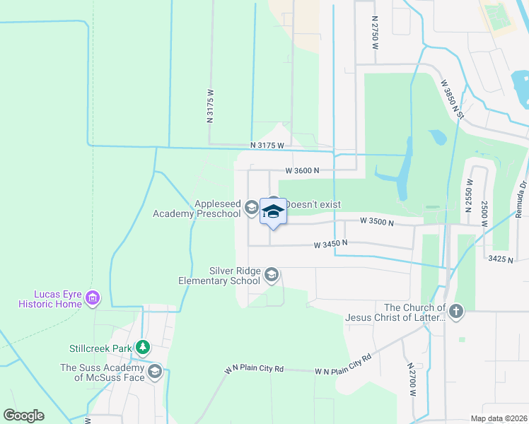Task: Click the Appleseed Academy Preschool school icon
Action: point(251,208)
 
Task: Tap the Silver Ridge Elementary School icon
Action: point(271,275)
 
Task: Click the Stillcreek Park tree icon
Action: point(144,347)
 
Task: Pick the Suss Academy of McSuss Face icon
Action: point(154,372)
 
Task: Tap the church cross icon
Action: point(457,311)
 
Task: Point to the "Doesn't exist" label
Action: point(313,204)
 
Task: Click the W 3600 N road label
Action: point(303,170)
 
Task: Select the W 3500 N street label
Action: point(376,221)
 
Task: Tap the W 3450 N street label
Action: point(331,245)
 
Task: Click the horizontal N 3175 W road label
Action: point(267,145)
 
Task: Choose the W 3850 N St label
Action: point(451,98)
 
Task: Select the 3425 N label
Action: point(500,260)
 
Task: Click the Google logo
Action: point(23,416)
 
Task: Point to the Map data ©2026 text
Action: point(499,418)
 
